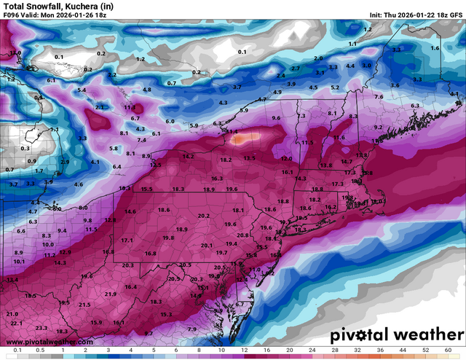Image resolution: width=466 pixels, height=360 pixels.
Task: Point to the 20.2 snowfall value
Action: [x=203, y=216]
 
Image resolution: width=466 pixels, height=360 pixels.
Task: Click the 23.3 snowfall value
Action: [x=42, y=328]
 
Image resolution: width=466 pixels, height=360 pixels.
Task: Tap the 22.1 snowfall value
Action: [x=17, y=323]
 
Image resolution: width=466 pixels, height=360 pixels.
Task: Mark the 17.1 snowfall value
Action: [x=127, y=240]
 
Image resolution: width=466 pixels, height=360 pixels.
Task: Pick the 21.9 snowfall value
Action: [x=111, y=294]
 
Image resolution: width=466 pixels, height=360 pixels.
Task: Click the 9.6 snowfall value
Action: [x=276, y=117]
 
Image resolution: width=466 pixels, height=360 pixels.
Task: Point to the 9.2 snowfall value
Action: [x=377, y=127]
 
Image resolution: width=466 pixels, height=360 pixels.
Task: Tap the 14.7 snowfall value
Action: [x=347, y=161]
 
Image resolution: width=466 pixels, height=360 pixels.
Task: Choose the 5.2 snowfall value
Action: [x=335, y=87]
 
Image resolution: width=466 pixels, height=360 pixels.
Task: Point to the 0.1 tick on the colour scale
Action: [x=15, y=351]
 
